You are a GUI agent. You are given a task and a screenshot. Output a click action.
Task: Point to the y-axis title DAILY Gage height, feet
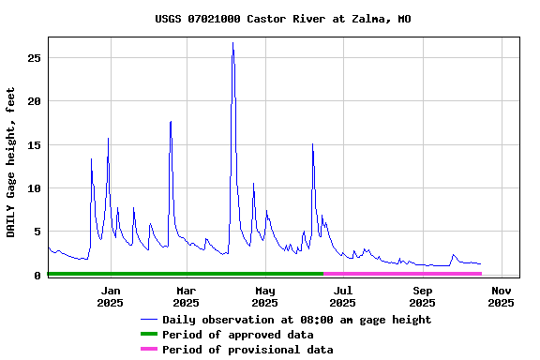click(11, 158)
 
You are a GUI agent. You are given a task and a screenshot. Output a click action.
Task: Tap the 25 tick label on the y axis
click(35, 58)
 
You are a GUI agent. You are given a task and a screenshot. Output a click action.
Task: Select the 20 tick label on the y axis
click(35, 101)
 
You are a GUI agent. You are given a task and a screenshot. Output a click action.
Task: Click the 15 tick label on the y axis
click(35, 145)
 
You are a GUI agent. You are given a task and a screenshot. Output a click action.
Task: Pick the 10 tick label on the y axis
click(35, 188)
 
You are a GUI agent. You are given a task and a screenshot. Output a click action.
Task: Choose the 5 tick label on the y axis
click(37, 232)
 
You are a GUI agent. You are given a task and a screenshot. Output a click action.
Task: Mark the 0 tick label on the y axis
click(37, 276)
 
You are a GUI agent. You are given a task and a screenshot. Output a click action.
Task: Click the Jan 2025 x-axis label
click(110, 296)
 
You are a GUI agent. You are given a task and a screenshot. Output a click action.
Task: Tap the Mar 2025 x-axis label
click(186, 296)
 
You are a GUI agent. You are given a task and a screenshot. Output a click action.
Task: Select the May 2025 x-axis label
click(265, 296)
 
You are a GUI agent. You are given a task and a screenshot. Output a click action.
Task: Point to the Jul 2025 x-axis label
click(343, 296)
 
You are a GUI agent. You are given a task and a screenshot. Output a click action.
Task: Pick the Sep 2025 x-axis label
click(422, 296)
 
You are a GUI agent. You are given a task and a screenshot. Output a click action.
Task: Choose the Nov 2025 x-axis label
click(501, 296)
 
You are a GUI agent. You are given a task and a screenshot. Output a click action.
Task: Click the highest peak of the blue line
click(232, 43)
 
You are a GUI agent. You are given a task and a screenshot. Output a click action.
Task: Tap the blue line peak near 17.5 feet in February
click(171, 122)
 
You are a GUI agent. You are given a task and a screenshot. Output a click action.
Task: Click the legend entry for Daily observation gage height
click(296, 320)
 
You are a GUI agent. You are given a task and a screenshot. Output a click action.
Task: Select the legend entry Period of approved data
click(237, 335)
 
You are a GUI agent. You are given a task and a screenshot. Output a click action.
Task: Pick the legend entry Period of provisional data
click(247, 350)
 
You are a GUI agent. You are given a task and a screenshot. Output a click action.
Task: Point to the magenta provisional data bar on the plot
click(403, 274)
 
